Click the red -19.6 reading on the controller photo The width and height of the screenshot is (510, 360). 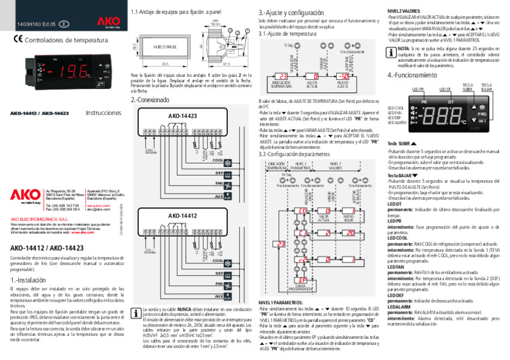(74, 73)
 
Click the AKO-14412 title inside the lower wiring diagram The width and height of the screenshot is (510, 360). (182, 215)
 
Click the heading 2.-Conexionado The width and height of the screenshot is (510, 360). (150, 100)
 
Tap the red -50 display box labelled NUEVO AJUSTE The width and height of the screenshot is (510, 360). (342, 76)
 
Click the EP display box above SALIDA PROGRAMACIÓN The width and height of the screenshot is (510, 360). (303, 280)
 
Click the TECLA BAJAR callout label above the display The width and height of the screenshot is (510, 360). (487, 88)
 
